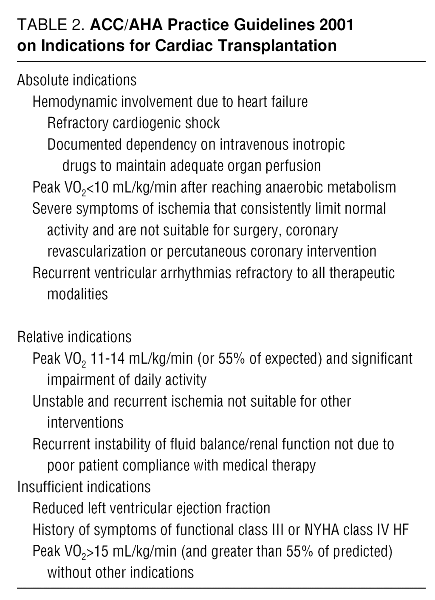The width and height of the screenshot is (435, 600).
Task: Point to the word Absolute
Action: (x=43, y=80)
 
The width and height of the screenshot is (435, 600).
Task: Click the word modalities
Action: (x=77, y=294)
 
